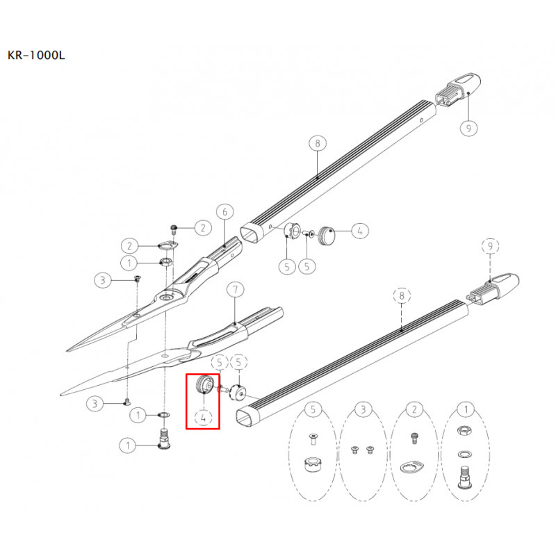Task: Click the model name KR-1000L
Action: tap(36, 56)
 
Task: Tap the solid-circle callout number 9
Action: tap(468, 128)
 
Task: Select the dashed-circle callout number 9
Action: tap(491, 246)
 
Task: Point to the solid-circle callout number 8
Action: tap(318, 143)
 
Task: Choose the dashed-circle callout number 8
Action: tap(402, 295)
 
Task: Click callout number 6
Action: tap(224, 212)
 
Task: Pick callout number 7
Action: tap(236, 290)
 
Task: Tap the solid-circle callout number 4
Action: tap(360, 231)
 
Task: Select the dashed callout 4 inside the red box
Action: tap(204, 418)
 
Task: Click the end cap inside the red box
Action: tap(204, 384)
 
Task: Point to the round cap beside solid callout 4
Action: tap(326, 235)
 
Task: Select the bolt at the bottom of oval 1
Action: tap(465, 477)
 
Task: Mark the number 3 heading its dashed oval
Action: tap(363, 409)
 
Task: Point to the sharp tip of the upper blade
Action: tap(67, 351)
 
